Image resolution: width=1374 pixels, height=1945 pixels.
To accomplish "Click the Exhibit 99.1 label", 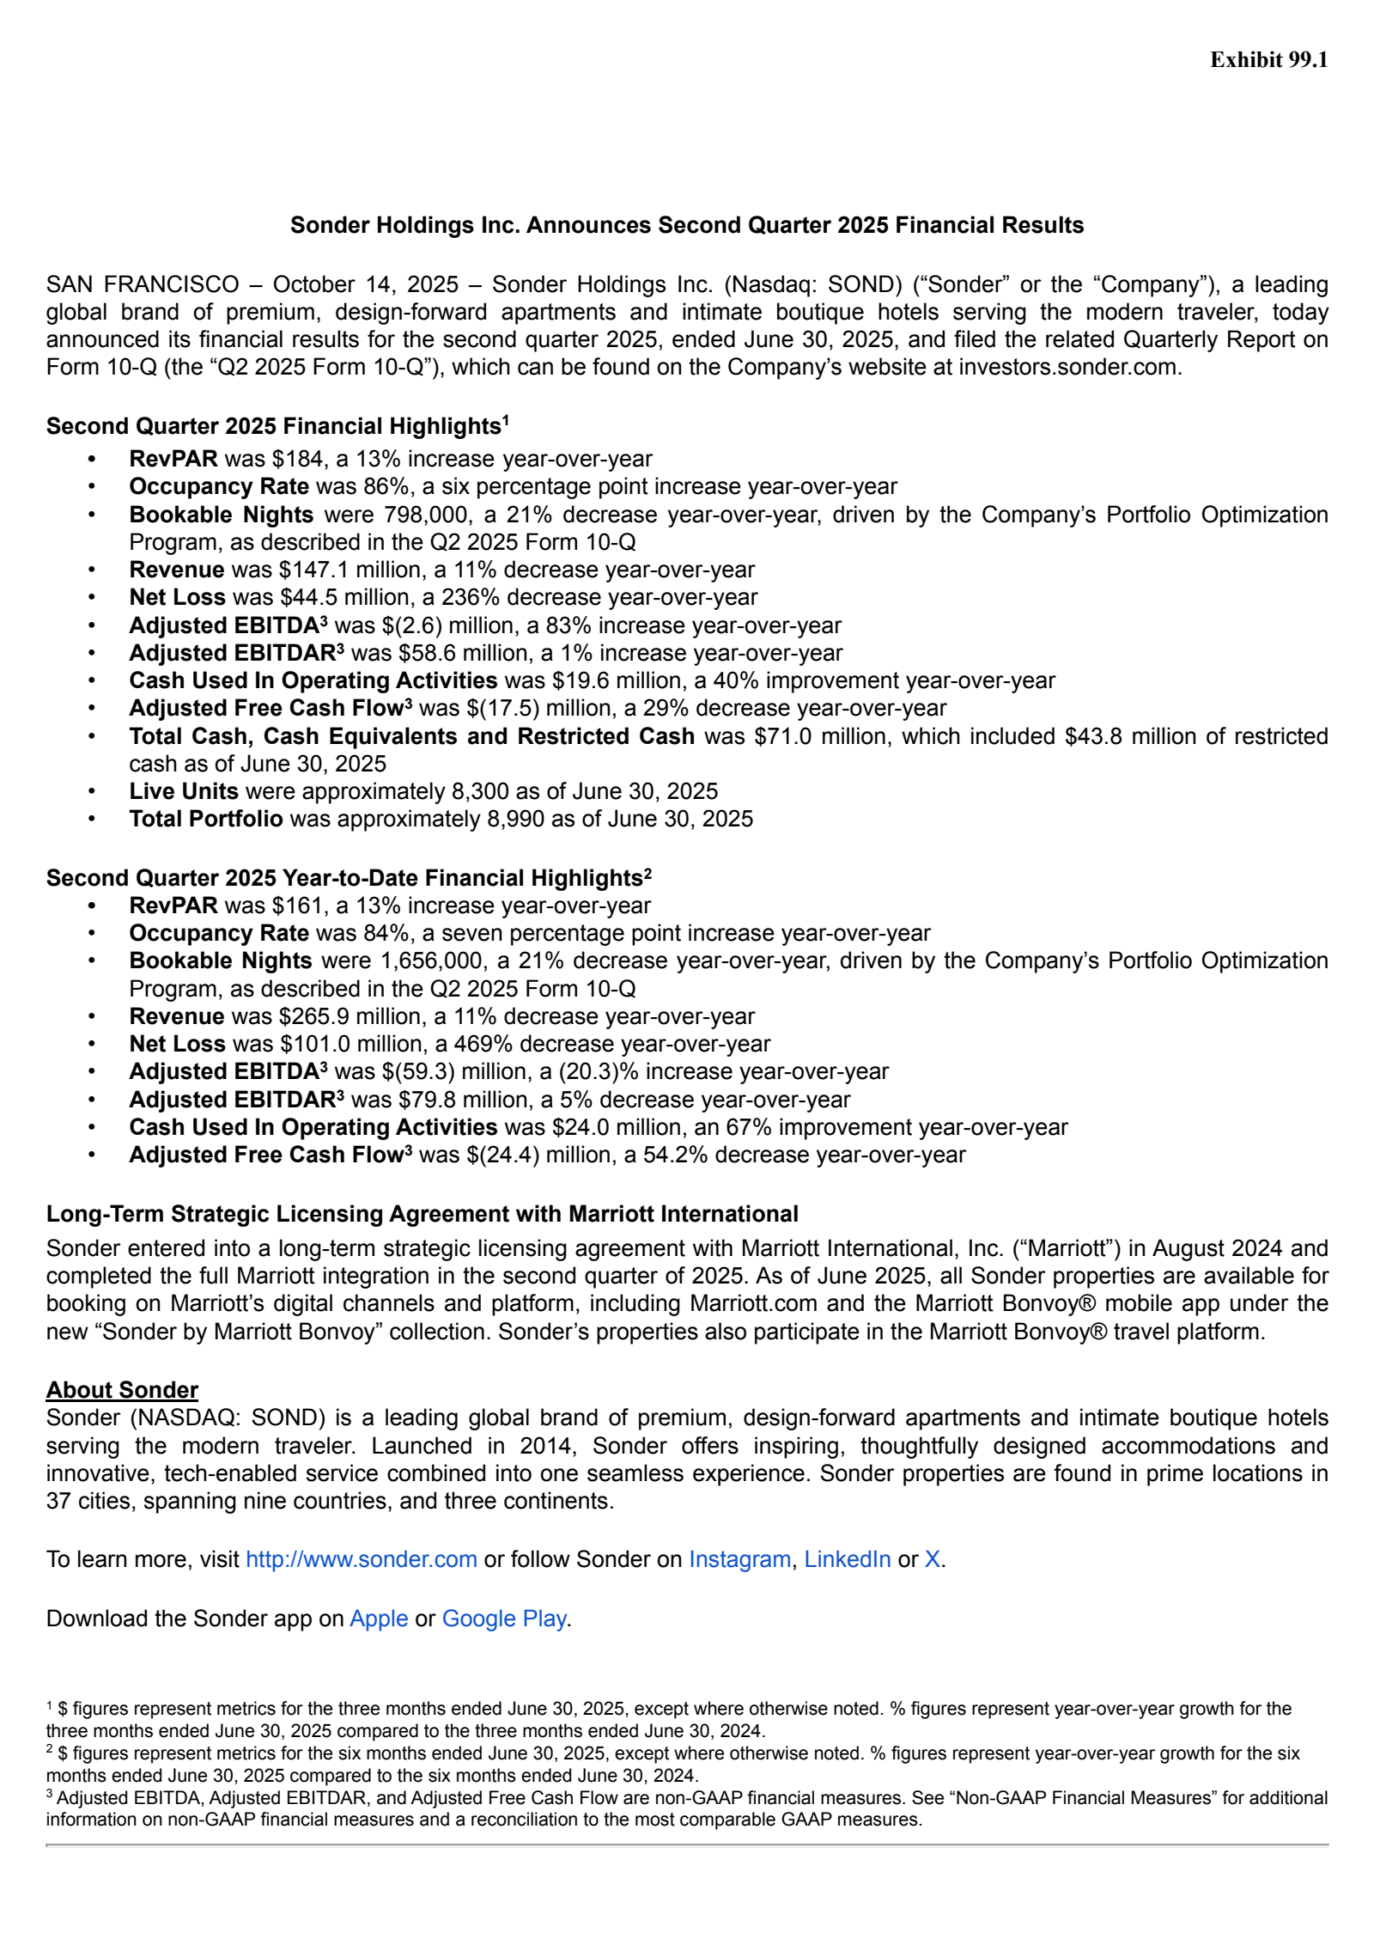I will click(x=1268, y=59).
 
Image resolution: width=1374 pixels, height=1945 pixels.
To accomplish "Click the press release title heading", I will click(x=686, y=225).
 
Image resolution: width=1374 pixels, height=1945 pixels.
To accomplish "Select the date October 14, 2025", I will click(x=366, y=284).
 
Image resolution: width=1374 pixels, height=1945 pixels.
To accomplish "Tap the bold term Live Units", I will click(x=184, y=791).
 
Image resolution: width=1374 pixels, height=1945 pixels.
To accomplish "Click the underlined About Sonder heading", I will click(x=122, y=1390).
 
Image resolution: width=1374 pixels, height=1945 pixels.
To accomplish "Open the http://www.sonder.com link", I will click(x=361, y=1559).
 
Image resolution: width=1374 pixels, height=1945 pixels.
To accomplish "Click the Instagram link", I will click(x=739, y=1559).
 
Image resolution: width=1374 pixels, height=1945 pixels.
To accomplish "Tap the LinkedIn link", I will click(x=847, y=1559).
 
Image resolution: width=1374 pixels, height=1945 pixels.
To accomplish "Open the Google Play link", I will click(x=504, y=1619).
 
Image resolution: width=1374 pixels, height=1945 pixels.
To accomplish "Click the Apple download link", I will click(x=379, y=1619).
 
